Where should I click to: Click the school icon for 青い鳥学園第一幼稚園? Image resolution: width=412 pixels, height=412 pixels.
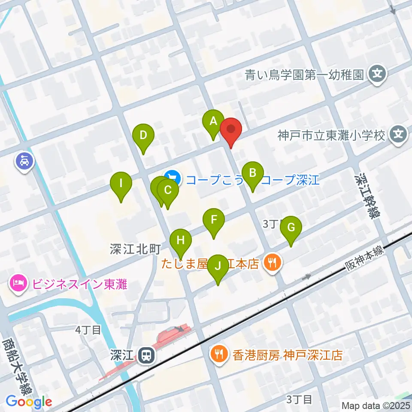point(377,75)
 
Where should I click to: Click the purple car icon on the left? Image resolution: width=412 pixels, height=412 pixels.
point(24,161)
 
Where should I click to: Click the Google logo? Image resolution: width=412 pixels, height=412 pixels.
point(29,401)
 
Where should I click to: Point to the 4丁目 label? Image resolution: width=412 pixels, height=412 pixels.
point(88,330)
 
